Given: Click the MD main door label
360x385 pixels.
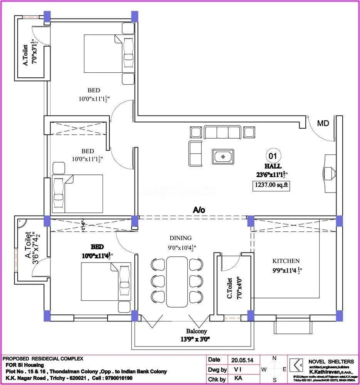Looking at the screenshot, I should pos(323,124).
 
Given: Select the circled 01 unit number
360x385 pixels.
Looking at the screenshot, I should pos(273,156).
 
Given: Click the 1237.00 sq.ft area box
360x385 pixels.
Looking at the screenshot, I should pos(271,186).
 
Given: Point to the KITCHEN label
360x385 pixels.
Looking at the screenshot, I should pos(286,261).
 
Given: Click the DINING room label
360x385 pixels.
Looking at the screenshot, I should pos(180,238).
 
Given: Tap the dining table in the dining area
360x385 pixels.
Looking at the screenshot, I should pos(177,281).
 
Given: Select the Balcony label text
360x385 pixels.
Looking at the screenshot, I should pos(197,331).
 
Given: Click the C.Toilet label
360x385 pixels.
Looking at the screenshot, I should pos(229,288).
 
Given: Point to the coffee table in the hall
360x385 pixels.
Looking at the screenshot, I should pos(222,157).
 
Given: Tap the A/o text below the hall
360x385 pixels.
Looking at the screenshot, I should pos(199,210).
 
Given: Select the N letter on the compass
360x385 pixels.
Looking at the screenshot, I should pos(274,358).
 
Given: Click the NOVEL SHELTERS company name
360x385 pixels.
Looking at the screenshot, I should pos(331,362).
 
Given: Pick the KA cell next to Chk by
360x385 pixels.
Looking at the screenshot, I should pos(238,379).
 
